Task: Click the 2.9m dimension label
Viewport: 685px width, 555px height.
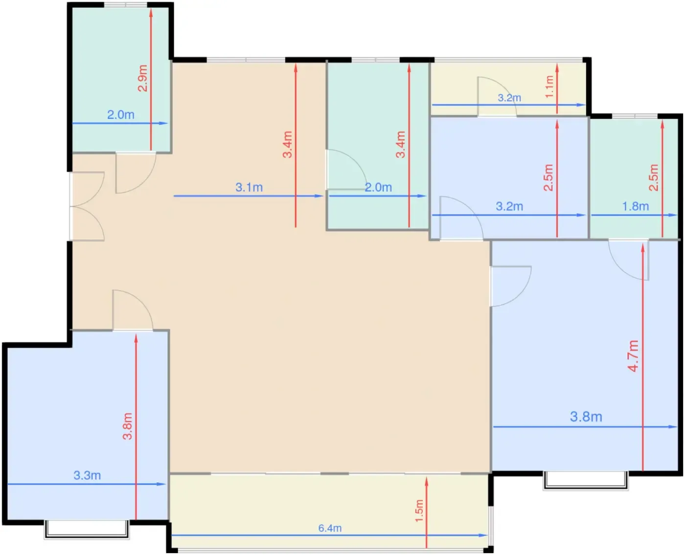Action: [142, 78]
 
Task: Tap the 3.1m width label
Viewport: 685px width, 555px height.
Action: [249, 187]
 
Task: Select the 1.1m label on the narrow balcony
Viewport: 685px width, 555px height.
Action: [549, 87]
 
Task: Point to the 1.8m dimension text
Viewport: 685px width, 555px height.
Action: [636, 206]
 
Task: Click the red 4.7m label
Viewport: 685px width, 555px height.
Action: [633, 356]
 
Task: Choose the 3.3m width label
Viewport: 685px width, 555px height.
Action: [87, 475]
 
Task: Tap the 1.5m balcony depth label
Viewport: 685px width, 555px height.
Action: [419, 511]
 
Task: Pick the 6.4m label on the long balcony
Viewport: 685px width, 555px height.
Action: [330, 528]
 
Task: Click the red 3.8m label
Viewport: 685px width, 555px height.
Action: [127, 426]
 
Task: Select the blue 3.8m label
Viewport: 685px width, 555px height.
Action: [586, 417]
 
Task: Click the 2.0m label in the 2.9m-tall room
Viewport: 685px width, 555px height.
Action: [120, 115]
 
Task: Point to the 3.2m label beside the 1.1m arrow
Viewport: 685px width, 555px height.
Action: [509, 98]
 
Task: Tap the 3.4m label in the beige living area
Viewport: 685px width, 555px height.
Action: [287, 144]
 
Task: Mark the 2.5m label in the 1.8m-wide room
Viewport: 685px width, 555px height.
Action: [654, 178]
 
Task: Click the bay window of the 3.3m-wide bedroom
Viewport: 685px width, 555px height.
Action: [87, 529]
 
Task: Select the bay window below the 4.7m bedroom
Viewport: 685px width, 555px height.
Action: [586, 481]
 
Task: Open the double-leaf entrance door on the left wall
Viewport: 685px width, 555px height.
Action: [87, 206]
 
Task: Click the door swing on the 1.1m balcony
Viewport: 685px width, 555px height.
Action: [497, 96]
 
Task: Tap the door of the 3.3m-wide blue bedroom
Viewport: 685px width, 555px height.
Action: [133, 310]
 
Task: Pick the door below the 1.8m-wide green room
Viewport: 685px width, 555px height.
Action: [628, 260]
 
